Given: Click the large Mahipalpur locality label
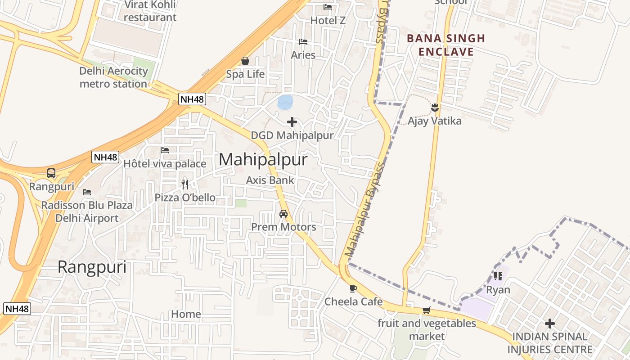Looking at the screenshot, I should [x=263, y=160].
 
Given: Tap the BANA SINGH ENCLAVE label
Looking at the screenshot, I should [x=446, y=45].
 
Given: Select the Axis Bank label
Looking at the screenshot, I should [x=270, y=180].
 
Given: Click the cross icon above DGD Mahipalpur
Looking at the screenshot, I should [x=292, y=122].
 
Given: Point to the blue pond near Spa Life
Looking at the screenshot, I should [x=285, y=102].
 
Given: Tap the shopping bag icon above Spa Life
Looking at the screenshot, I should [x=245, y=60].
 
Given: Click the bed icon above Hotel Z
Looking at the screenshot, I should [x=328, y=7].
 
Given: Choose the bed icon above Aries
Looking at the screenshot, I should [x=303, y=42].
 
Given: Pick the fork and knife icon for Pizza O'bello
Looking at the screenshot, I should [x=185, y=184].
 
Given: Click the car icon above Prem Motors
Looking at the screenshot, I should [x=283, y=214].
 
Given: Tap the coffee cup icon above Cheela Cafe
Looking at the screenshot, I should [x=353, y=288].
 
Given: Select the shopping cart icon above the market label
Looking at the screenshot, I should [x=427, y=310].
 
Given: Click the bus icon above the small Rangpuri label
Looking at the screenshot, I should [x=51, y=173].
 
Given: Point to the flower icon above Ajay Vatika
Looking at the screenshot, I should [x=435, y=108].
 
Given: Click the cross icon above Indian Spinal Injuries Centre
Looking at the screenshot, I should [x=550, y=324].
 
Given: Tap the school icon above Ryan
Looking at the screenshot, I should [x=498, y=276].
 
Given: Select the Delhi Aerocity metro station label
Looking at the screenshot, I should [x=113, y=77].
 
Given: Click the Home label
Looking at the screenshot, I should [x=186, y=314].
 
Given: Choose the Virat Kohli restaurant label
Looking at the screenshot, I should [x=150, y=11].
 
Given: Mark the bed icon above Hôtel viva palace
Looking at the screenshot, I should [x=165, y=150].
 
